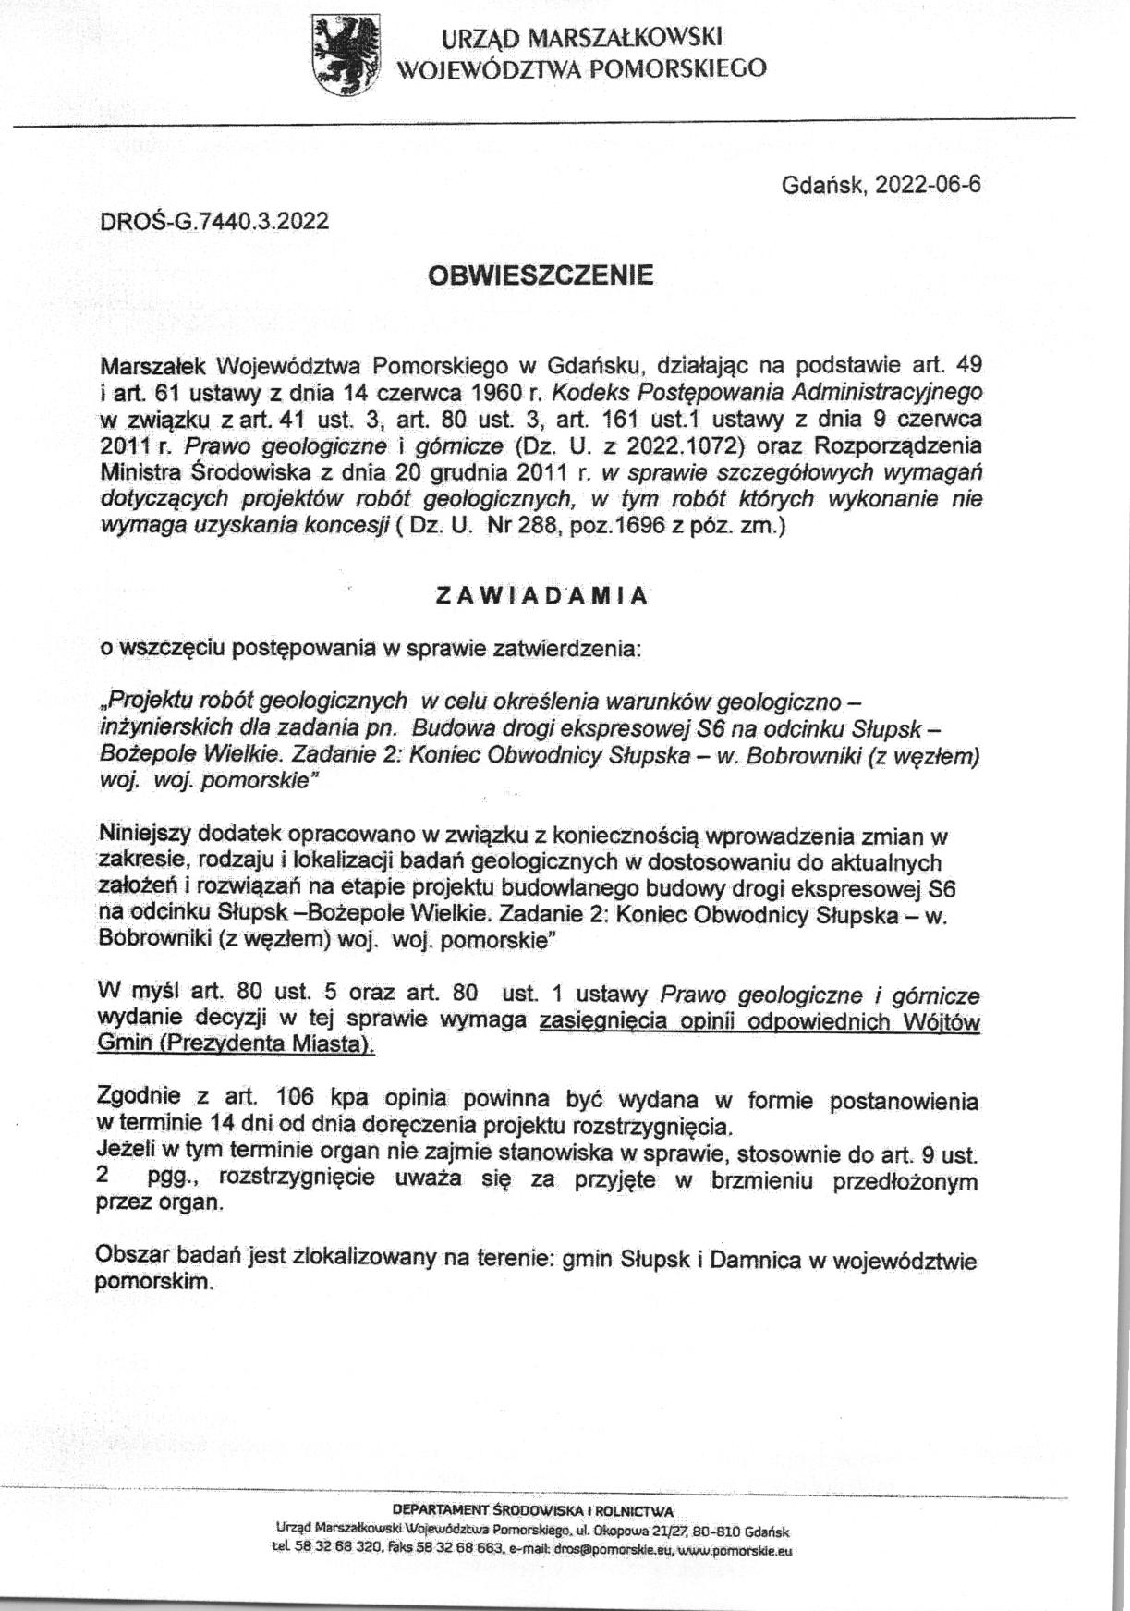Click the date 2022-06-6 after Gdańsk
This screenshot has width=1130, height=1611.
coord(928,185)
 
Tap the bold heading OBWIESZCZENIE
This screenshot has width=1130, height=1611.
coord(541,275)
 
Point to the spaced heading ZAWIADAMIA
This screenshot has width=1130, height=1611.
coord(541,596)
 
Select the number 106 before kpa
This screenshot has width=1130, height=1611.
coord(296,1101)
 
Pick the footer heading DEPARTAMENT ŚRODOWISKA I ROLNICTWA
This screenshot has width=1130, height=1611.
coord(533,1511)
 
